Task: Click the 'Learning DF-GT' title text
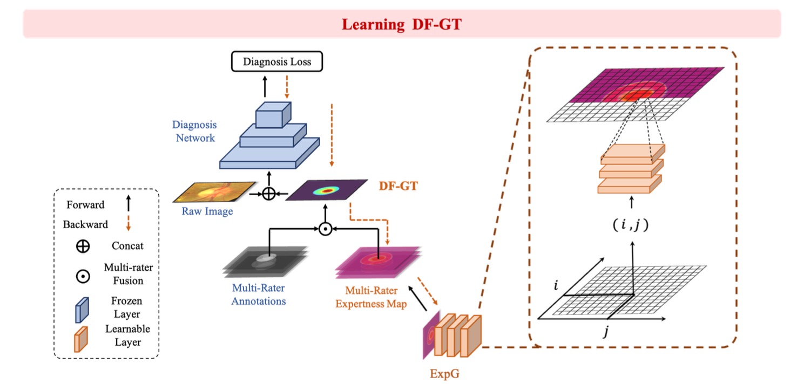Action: click(x=401, y=24)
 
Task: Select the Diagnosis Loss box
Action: click(x=277, y=61)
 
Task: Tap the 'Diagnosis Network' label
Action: click(x=194, y=131)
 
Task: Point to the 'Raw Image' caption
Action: click(x=207, y=211)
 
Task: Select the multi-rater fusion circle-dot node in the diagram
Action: click(x=325, y=229)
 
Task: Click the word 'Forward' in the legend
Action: click(x=85, y=205)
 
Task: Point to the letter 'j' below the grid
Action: click(x=606, y=332)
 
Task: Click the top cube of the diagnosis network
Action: click(x=273, y=114)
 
